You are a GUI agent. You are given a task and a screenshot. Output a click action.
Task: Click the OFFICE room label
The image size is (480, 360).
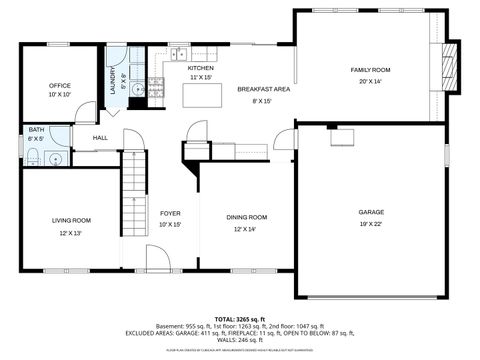pos(60,86)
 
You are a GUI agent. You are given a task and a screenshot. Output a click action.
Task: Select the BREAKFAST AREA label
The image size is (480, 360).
pos(263,90)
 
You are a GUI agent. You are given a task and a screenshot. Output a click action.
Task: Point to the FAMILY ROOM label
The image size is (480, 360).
pos(369,70)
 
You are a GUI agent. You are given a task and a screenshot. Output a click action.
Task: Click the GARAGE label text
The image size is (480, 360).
pos(371,212)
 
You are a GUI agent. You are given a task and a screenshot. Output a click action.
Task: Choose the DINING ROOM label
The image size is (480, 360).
pos(246,217)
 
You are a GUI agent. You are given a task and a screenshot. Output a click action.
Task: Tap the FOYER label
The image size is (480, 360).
pos(170,213)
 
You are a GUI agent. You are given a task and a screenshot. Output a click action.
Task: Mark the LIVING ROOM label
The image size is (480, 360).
pos(72,220)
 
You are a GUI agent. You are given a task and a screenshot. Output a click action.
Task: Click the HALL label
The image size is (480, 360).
pos(100,138)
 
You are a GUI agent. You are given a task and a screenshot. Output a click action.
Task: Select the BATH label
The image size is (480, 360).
pos(36,129)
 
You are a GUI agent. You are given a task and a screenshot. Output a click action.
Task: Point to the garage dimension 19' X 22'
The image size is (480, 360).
pos(371,224)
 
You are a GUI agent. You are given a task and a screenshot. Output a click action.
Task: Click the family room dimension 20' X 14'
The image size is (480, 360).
pos(369,81)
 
